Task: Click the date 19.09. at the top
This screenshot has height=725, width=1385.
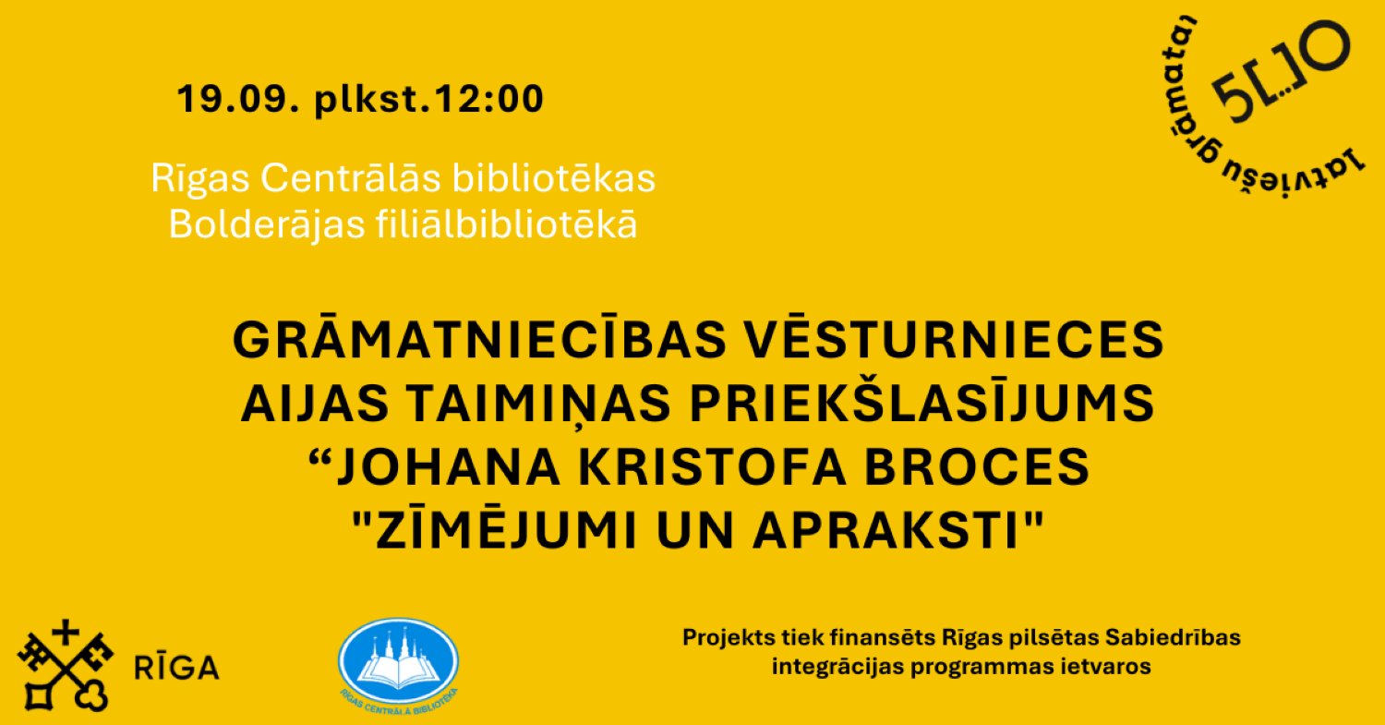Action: (238, 98)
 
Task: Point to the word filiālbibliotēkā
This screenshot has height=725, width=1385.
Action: (507, 224)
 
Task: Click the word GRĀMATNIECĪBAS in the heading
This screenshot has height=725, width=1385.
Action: (480, 339)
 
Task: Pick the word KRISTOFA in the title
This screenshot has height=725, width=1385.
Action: (712, 467)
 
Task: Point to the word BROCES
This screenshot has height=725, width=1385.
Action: (978, 467)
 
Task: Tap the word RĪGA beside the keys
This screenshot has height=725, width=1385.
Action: (177, 668)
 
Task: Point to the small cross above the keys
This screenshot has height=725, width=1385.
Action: (65, 634)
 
